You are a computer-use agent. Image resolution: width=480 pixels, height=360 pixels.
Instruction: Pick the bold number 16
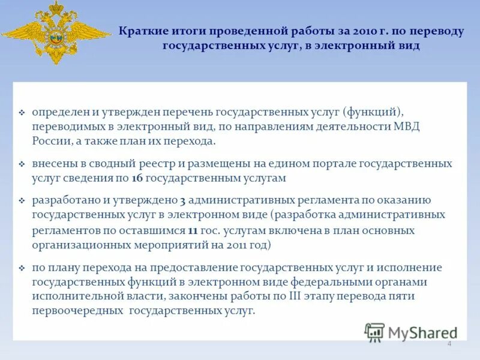tap(136, 178)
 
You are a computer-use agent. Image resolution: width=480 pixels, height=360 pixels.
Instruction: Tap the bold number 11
tap(193, 230)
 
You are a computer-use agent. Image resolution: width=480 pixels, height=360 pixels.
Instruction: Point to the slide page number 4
tap(449, 343)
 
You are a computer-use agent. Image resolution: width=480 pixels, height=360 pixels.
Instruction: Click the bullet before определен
tap(22, 113)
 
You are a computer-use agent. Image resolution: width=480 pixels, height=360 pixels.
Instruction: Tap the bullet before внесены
tap(22, 164)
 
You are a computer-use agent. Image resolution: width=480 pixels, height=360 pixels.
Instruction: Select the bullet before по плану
tap(22, 268)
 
